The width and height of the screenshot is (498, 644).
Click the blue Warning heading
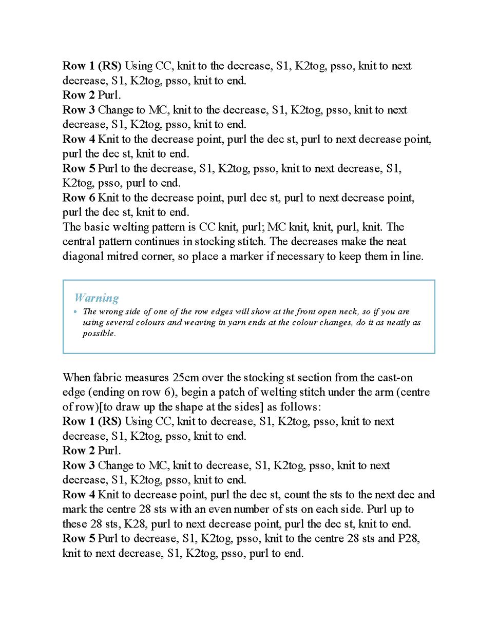point(97,298)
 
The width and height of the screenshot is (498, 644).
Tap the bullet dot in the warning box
point(75,311)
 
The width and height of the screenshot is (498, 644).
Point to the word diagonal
point(83,256)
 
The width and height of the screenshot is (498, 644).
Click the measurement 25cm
point(185,378)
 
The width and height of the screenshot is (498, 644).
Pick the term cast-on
point(395,378)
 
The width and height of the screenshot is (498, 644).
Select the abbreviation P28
point(408,538)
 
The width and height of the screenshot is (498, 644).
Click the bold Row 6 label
point(79,198)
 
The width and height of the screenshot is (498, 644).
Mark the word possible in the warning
point(99,334)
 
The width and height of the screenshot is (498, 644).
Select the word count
point(297,495)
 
